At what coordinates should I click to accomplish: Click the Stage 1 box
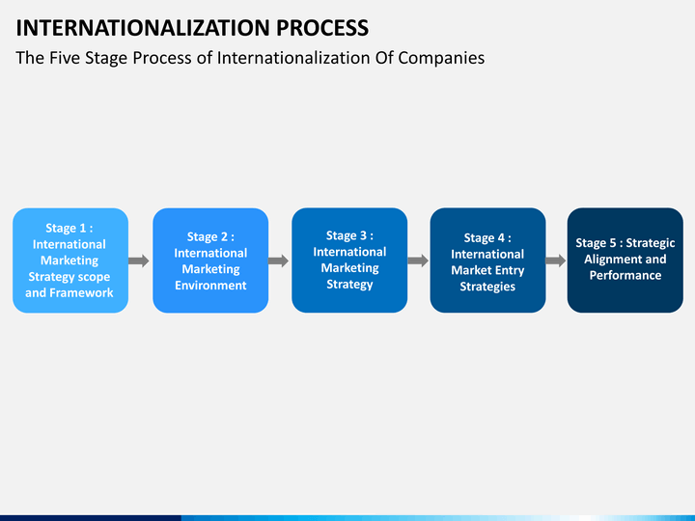click(x=70, y=260)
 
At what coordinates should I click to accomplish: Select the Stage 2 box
click(x=210, y=260)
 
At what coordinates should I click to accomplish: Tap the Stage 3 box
click(x=349, y=260)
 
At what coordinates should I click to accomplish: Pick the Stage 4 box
click(x=487, y=260)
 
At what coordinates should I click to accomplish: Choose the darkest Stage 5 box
click(x=625, y=260)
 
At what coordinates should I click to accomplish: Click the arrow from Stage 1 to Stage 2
click(x=139, y=260)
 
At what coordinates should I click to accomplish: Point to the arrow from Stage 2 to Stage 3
click(x=278, y=260)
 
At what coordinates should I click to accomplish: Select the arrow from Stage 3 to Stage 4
click(x=418, y=260)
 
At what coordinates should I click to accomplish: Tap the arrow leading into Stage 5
click(x=556, y=260)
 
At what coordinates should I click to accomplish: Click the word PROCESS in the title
click(x=322, y=28)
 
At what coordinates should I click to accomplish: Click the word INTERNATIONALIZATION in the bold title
click(x=143, y=28)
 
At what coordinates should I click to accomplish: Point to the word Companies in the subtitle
click(x=441, y=59)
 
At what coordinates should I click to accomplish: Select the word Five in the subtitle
click(x=65, y=58)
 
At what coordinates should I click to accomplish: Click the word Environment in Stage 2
click(x=210, y=286)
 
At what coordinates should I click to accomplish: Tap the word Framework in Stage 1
click(x=81, y=293)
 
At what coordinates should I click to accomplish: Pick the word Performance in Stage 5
click(x=625, y=276)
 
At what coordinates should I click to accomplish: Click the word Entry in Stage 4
click(x=510, y=271)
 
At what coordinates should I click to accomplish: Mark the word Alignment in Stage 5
click(x=608, y=260)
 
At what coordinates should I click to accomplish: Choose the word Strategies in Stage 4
click(x=487, y=287)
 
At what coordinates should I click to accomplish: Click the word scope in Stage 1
click(x=94, y=277)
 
